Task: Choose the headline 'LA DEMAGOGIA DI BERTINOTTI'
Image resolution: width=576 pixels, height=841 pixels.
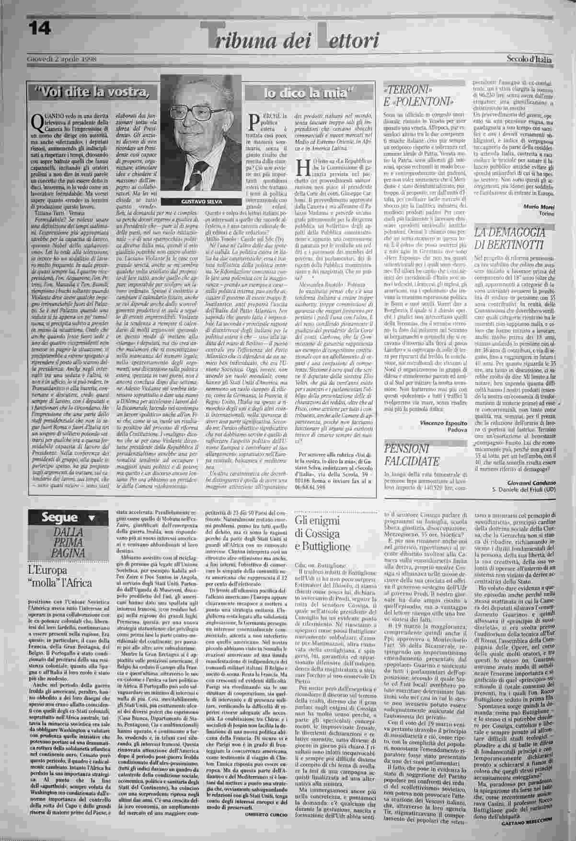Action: (510, 239)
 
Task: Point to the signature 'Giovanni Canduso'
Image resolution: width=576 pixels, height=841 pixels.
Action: (529, 483)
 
